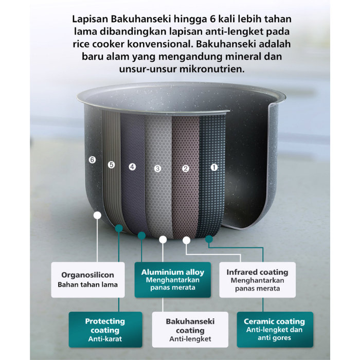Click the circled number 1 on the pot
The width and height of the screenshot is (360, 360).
click(214, 167)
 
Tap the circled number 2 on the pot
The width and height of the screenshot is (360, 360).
click(186, 168)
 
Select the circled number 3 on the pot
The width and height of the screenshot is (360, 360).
click(157, 168)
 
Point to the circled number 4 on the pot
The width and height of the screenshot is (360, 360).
click(132, 167)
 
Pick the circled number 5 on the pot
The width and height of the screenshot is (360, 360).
click(111, 165)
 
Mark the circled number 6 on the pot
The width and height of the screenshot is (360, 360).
click(92, 160)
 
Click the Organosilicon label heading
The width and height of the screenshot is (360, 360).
click(87, 275)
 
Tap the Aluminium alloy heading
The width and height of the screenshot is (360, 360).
click(173, 272)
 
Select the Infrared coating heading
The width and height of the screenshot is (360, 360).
click(257, 272)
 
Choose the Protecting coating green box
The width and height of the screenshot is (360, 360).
click(105, 330)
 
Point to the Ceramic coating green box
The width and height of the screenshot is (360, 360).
click(274, 330)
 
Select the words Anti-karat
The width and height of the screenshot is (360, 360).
click(105, 339)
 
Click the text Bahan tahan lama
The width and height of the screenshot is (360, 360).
click(87, 284)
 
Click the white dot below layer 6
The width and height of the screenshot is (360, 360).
click(97, 215)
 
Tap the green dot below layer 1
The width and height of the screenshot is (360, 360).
click(209, 239)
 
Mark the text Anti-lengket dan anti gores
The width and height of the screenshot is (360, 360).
click(274, 334)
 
